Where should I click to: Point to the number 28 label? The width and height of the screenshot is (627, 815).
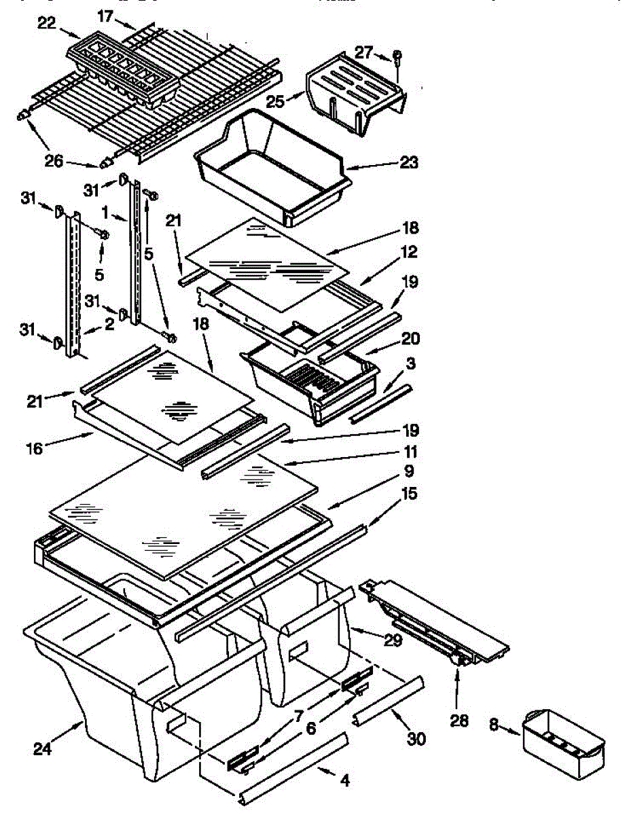click(460, 721)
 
